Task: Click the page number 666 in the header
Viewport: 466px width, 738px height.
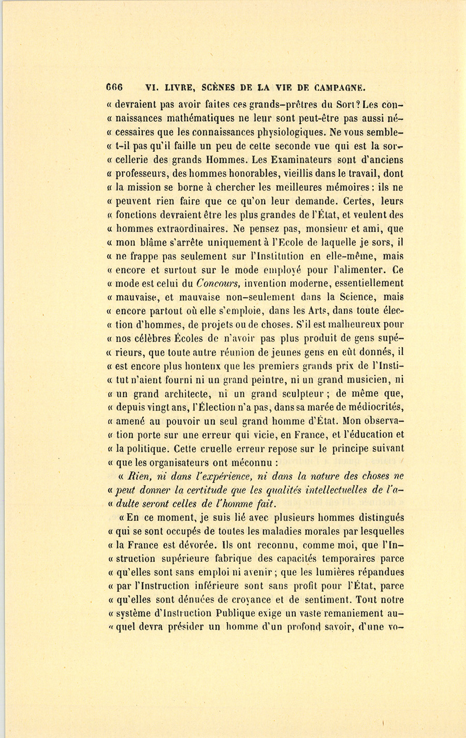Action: click(113, 88)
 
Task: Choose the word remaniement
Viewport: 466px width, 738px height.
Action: click(346, 614)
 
